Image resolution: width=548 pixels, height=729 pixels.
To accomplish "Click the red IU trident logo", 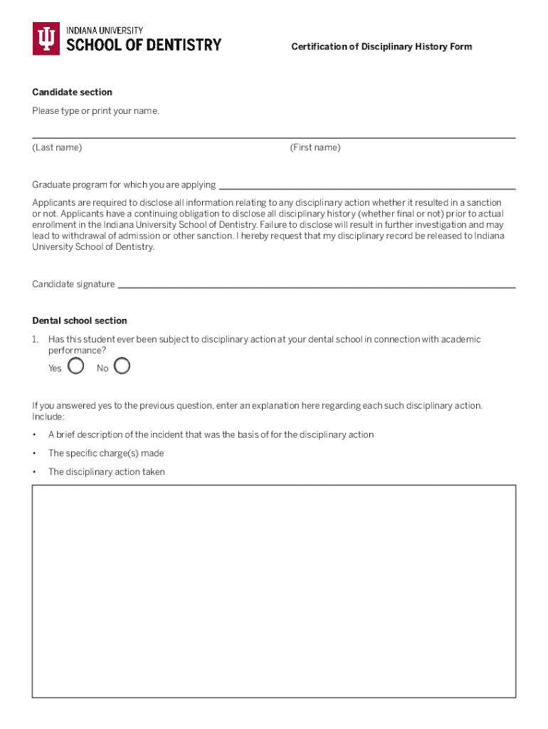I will (x=46, y=38).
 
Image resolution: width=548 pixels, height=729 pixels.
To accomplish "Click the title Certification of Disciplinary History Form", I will (x=381, y=47).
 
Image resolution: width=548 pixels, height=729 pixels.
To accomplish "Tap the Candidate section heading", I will (x=72, y=93).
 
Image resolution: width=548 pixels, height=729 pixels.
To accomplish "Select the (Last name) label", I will (x=57, y=147).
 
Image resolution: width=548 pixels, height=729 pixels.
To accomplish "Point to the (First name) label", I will (x=315, y=147).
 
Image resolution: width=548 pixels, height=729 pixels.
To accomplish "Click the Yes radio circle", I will (x=76, y=367).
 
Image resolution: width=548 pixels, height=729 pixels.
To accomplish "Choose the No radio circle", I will (x=122, y=366).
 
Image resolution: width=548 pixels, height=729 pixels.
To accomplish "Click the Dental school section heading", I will (x=80, y=321).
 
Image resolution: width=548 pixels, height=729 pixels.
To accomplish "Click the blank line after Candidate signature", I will (x=316, y=286).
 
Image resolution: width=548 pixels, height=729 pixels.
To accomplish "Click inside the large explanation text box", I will (x=274, y=591).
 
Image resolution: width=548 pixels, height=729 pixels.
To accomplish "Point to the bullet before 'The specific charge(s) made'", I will (x=34, y=453).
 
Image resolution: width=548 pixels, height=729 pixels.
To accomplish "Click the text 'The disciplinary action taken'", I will (x=107, y=472).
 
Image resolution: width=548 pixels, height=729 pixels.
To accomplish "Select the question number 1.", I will (x=35, y=340).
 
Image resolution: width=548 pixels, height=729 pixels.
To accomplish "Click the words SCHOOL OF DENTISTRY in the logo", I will (x=144, y=46).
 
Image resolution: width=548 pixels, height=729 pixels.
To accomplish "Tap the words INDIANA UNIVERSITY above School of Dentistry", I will (x=105, y=31).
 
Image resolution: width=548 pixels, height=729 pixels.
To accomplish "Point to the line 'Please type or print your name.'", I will (x=95, y=111).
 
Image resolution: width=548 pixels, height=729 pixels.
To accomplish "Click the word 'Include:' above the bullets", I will (x=48, y=416).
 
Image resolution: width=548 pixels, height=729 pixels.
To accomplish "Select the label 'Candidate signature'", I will (x=73, y=285).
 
